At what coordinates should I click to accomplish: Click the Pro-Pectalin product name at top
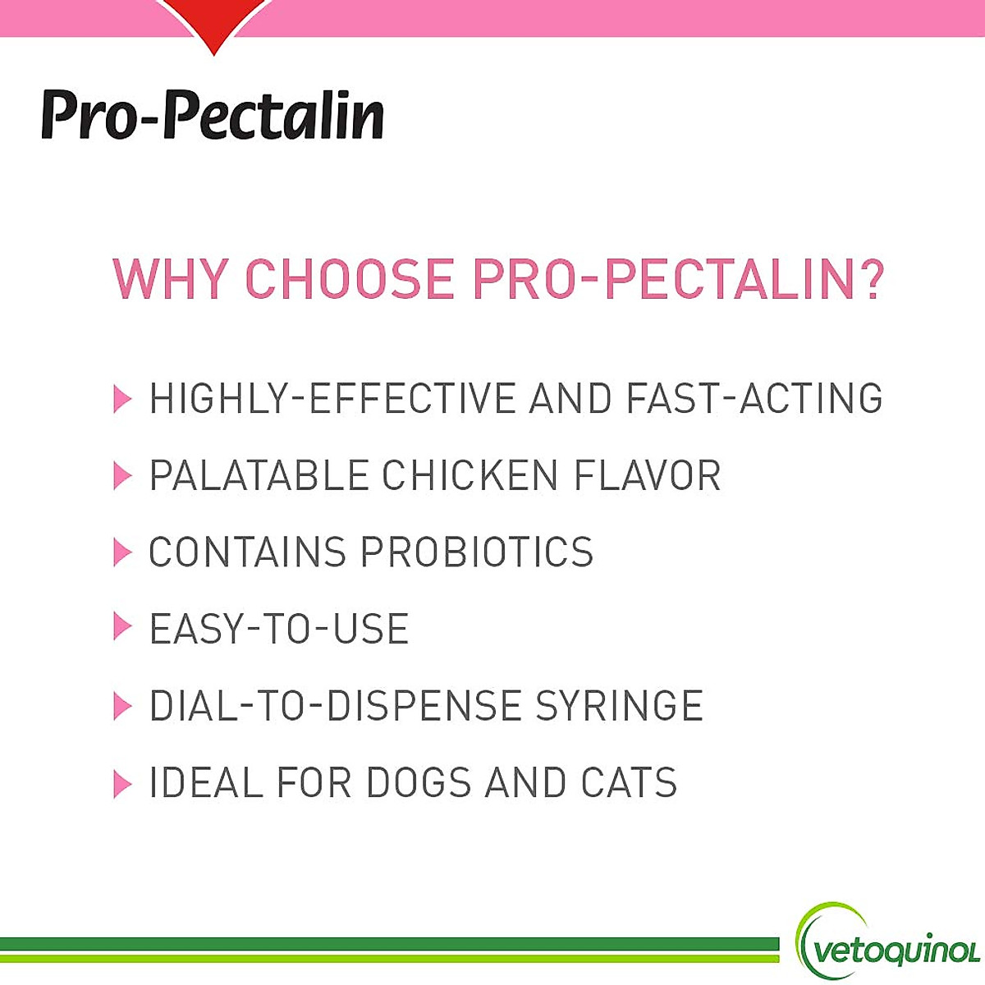pyautogui.click(x=213, y=114)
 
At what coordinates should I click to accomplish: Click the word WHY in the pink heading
pyautogui.click(x=169, y=279)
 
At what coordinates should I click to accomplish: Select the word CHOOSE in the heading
pyautogui.click(x=350, y=279)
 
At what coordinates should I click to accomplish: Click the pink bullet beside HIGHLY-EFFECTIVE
pyautogui.click(x=122, y=399)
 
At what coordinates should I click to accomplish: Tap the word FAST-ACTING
pyautogui.click(x=754, y=399)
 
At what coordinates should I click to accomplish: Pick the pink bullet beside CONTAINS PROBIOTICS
pyautogui.click(x=122, y=552)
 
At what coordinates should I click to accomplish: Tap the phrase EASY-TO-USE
pyautogui.click(x=278, y=630)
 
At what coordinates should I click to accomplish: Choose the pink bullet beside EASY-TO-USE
pyautogui.click(x=122, y=628)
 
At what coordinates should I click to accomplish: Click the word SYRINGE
pyautogui.click(x=620, y=706)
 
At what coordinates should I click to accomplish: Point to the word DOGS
pyautogui.click(x=419, y=783)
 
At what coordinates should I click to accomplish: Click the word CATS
pyautogui.click(x=629, y=783)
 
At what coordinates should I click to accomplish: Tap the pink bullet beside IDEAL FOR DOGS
pyautogui.click(x=122, y=783)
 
